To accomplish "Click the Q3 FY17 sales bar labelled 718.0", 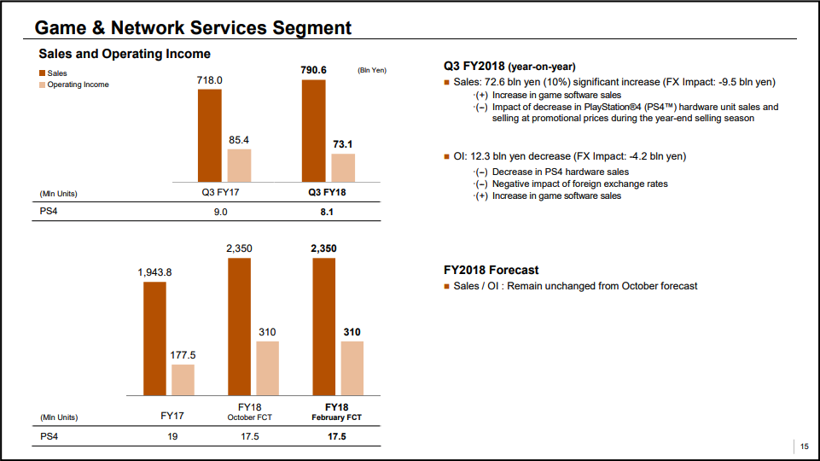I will click(x=209, y=135).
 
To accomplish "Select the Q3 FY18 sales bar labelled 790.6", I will click(x=313, y=131).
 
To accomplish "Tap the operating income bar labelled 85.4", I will click(x=239, y=165).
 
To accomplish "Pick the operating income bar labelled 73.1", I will click(x=343, y=167).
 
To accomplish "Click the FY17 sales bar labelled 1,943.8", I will click(x=154, y=338).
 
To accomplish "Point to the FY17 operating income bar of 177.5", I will click(x=183, y=379).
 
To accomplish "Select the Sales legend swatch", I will click(x=42, y=74).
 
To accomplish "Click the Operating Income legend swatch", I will click(x=42, y=85).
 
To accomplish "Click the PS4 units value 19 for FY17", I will click(x=172, y=436).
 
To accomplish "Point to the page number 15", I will click(x=804, y=446).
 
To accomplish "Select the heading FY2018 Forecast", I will click(x=491, y=270).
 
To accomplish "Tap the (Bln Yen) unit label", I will click(x=372, y=70).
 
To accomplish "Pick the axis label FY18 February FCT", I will click(x=336, y=411).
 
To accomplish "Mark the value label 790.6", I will click(x=313, y=69).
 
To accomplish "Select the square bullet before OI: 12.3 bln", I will click(x=447, y=157).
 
